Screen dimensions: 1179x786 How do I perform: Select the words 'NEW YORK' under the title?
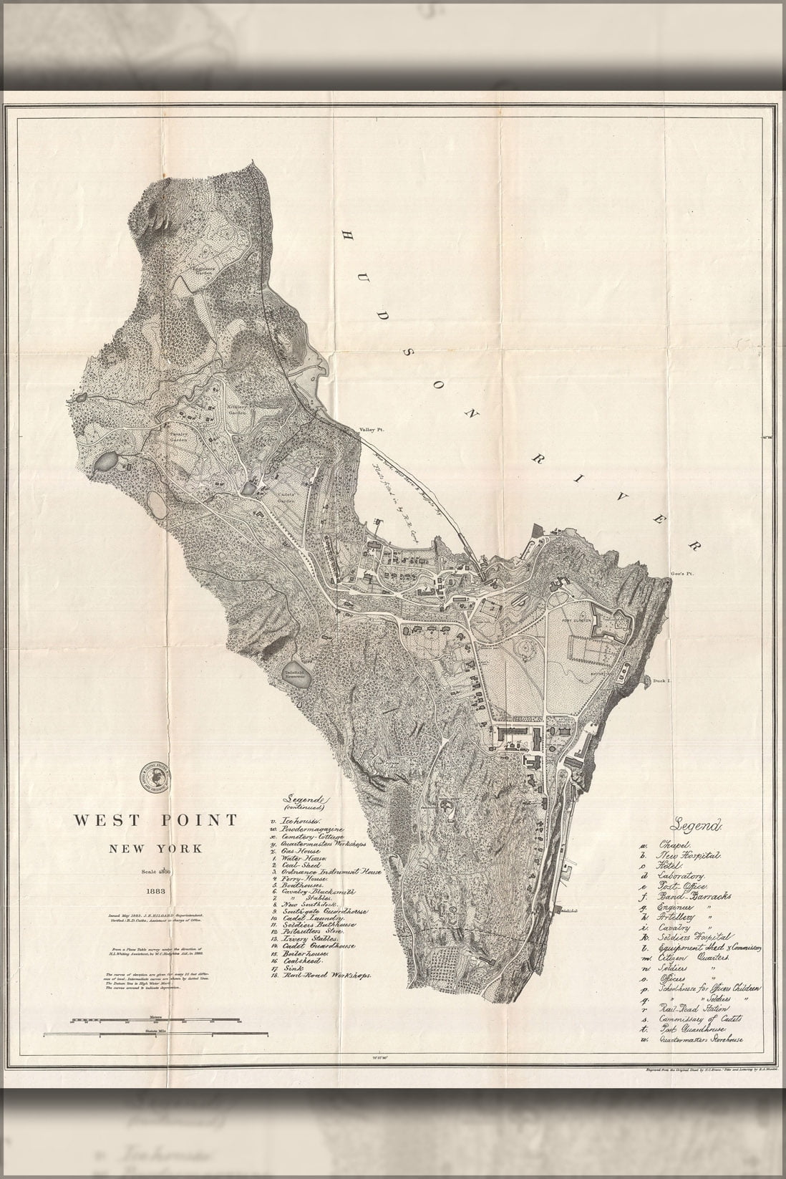tap(155, 849)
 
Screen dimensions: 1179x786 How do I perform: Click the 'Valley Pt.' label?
tap(372, 430)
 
